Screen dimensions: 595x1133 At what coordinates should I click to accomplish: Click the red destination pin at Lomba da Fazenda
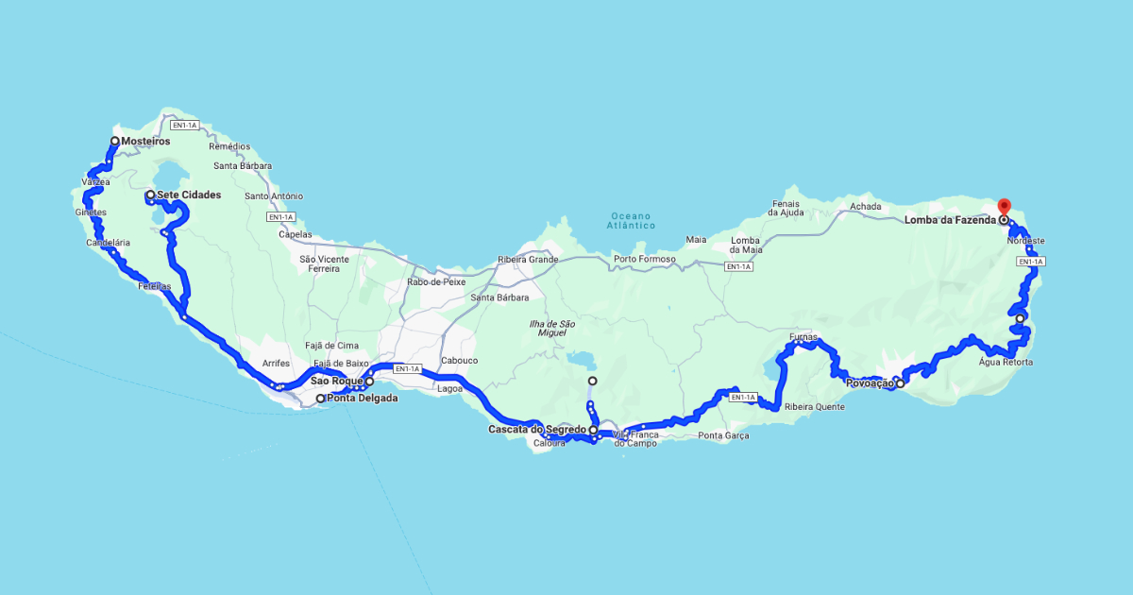1004,207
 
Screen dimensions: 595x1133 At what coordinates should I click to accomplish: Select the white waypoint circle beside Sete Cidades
150,195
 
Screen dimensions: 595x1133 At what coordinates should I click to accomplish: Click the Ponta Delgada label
363,399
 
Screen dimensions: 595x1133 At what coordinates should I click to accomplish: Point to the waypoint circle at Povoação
900,383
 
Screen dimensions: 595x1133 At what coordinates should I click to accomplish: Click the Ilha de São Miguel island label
552,329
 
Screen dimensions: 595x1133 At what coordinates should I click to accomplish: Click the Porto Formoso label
644,260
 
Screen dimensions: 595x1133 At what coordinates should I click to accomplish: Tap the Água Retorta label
1006,363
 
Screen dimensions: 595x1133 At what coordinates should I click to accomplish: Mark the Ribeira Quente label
815,407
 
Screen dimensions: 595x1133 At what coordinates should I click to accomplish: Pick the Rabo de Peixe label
436,282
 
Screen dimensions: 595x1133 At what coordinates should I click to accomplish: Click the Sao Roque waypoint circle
369,382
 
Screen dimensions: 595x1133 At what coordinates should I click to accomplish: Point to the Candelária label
108,243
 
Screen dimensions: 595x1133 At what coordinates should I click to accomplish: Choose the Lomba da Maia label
746,245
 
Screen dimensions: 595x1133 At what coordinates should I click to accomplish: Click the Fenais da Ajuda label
786,208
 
